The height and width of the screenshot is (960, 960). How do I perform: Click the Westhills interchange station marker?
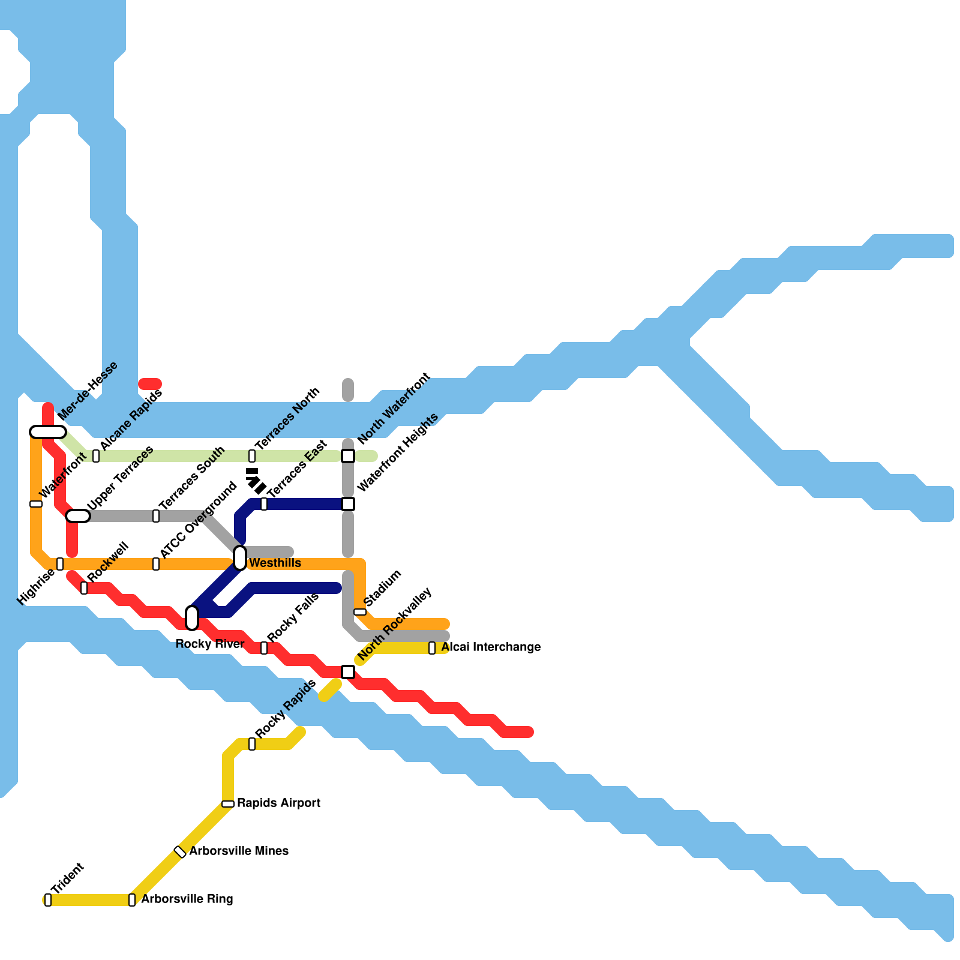click(240, 558)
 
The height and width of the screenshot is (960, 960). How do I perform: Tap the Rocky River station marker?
click(192, 618)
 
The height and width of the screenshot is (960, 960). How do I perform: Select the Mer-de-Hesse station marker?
click(48, 432)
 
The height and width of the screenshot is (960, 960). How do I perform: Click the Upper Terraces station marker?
click(78, 516)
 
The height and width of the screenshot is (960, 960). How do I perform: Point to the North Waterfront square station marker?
click(348, 456)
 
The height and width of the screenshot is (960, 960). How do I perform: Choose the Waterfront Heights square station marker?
click(348, 504)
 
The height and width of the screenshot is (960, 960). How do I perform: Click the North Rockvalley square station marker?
click(348, 672)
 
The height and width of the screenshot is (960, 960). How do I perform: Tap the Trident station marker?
click(48, 900)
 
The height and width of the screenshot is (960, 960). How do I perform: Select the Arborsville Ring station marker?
click(132, 900)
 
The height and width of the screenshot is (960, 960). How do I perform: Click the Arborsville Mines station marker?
click(180, 852)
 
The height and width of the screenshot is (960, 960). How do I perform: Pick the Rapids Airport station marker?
click(228, 804)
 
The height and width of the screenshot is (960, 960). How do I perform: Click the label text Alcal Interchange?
click(491, 647)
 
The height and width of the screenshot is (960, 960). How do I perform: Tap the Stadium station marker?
click(360, 612)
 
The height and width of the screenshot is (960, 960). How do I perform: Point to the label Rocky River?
click(209, 644)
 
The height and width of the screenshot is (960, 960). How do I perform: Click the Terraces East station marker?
click(264, 504)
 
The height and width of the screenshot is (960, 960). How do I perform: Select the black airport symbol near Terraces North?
click(256, 481)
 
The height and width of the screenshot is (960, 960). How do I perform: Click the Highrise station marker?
click(60, 564)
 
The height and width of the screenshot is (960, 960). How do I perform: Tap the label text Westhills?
click(275, 563)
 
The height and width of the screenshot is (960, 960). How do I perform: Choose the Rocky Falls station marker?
click(264, 648)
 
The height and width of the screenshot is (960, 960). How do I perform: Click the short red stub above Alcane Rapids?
click(150, 384)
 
